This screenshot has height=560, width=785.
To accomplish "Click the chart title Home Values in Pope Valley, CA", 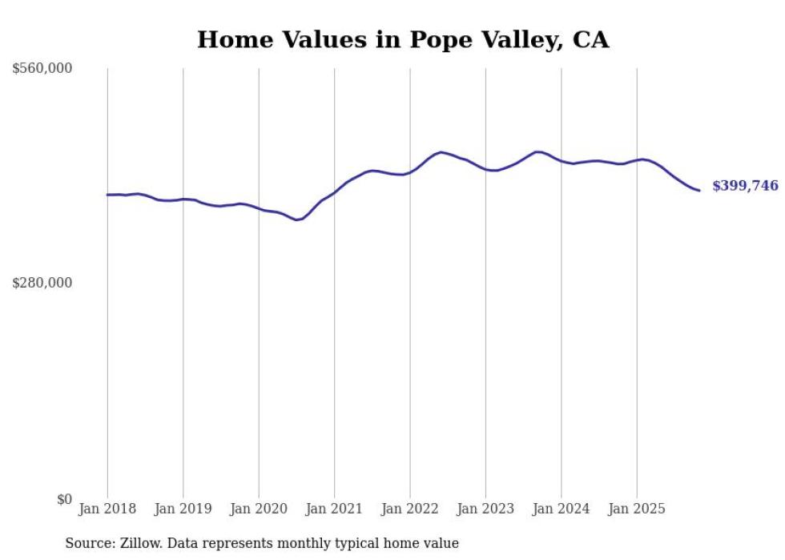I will pyautogui.click(x=403, y=39).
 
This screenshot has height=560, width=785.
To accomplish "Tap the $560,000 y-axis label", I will pyautogui.click(x=42, y=69).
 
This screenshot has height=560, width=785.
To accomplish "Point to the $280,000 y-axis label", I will pyautogui.click(x=42, y=283).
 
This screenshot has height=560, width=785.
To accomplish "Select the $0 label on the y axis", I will pyautogui.click(x=64, y=499).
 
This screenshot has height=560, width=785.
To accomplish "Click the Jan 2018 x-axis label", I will pyautogui.click(x=107, y=509).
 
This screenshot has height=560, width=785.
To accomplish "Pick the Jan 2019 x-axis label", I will pyautogui.click(x=183, y=509).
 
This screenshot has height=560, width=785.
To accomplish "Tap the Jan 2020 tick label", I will pyautogui.click(x=259, y=509).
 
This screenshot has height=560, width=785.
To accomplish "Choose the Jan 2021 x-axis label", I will pyautogui.click(x=334, y=509).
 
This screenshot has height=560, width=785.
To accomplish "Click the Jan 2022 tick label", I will pyautogui.click(x=410, y=509).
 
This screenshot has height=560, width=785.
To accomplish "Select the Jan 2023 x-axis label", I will pyautogui.click(x=485, y=509).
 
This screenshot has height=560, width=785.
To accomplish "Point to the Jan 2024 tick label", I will pyautogui.click(x=562, y=509).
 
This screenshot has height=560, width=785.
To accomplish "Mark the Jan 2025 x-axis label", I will pyautogui.click(x=637, y=509).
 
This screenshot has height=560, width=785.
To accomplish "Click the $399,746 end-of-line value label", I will pyautogui.click(x=745, y=186).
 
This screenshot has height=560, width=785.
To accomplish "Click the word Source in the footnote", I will pyautogui.click(x=88, y=543).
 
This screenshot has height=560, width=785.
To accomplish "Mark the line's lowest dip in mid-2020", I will pyautogui.click(x=297, y=220).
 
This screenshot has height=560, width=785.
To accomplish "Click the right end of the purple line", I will pyautogui.click(x=699, y=191).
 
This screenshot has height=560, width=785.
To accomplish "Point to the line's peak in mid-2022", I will pyautogui.click(x=441, y=152).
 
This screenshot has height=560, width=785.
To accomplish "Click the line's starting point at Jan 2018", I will pyautogui.click(x=107, y=195).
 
